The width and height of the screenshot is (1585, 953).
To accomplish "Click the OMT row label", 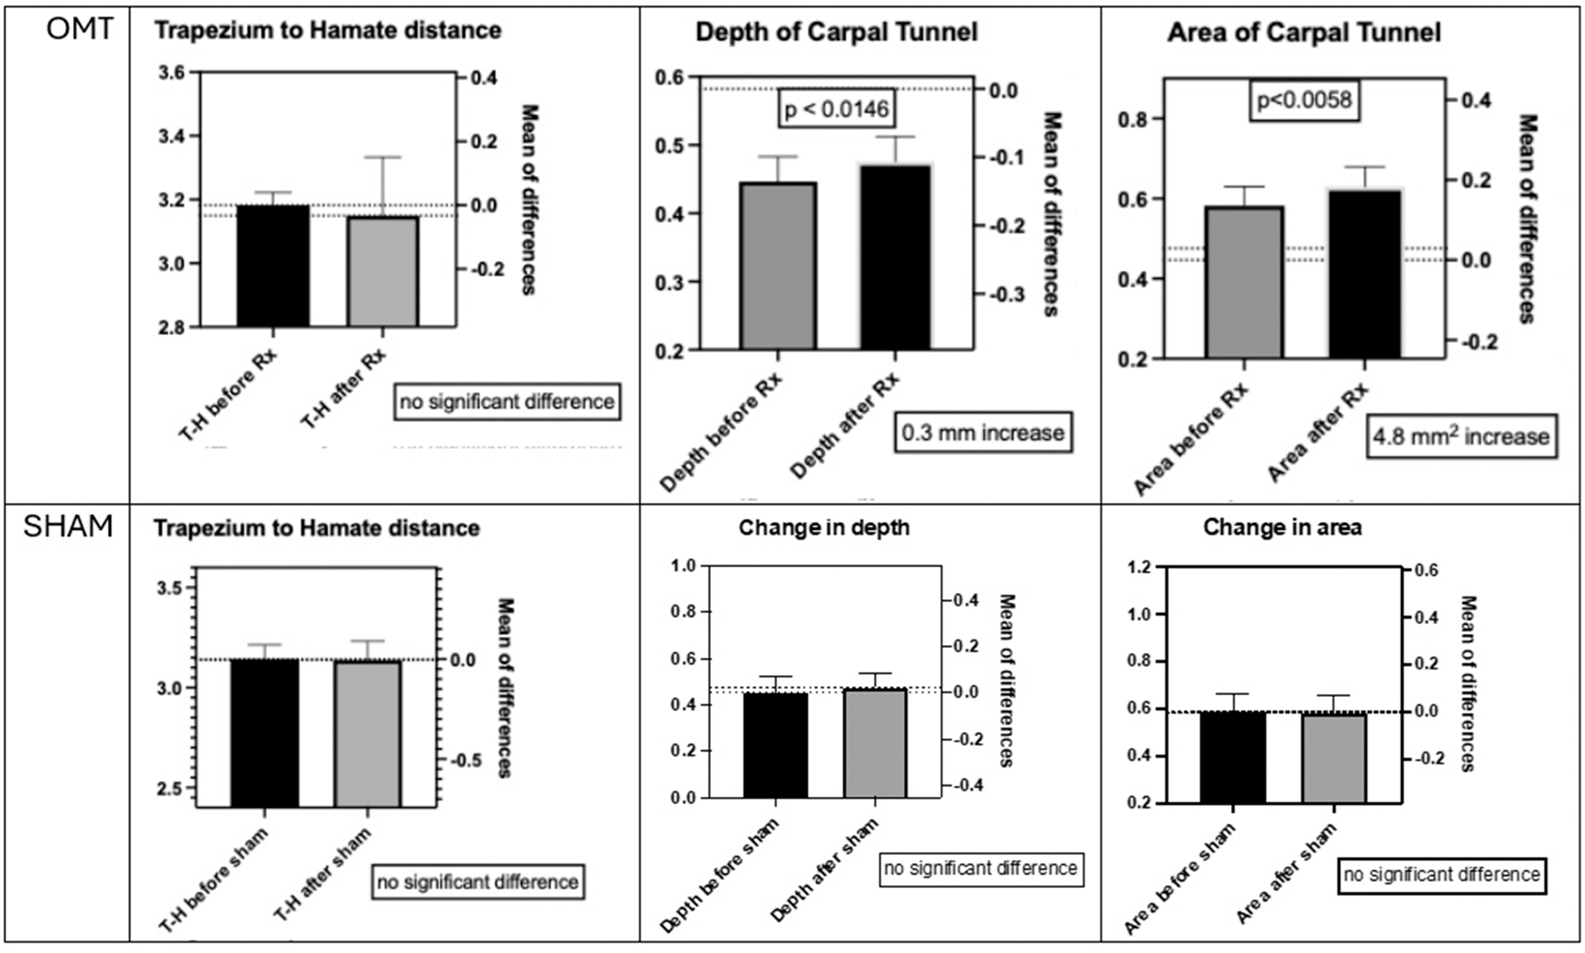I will click(79, 29).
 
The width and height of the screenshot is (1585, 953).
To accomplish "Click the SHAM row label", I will click(68, 526).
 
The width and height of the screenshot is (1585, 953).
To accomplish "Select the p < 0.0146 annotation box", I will click(836, 109).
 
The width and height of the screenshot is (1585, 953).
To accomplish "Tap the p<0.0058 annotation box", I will click(1304, 101).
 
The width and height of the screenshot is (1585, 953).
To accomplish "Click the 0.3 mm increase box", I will click(983, 433).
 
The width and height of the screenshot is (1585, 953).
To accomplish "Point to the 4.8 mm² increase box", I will click(1461, 436).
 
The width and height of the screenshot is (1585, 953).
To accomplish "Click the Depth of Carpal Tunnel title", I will click(836, 32).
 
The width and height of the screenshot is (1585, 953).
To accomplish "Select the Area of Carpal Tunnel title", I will click(1303, 32).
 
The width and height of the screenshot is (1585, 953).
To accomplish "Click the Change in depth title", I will click(824, 528).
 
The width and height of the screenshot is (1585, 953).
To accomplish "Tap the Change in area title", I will click(1282, 528).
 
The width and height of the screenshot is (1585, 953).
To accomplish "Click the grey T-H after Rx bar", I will click(383, 271).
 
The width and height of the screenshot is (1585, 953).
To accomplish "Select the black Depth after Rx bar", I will click(895, 257).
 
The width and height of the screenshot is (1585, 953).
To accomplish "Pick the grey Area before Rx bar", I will click(1244, 283).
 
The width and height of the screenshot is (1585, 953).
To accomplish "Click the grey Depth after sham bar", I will click(874, 743).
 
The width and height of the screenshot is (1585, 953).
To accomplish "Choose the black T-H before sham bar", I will click(265, 733).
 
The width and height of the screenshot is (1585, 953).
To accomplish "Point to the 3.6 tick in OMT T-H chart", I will click(172, 73).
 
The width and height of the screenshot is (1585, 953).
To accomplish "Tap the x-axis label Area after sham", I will click(1286, 875).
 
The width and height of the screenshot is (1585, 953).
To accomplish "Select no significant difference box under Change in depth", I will click(980, 868).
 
